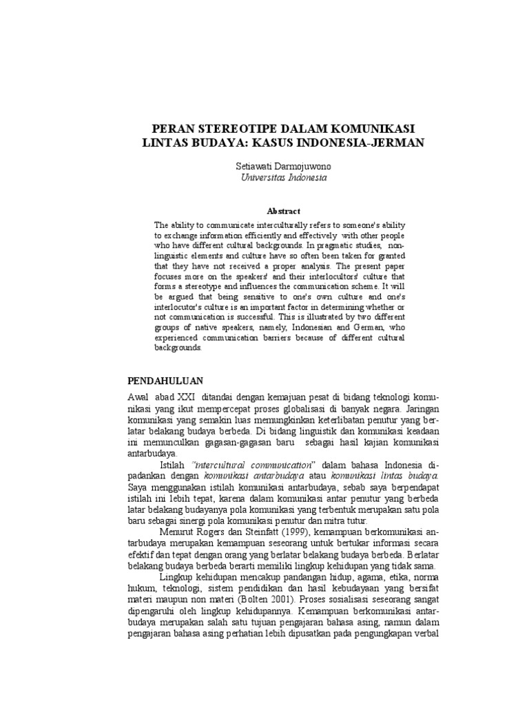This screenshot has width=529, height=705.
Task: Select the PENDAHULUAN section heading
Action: click(165, 380)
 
